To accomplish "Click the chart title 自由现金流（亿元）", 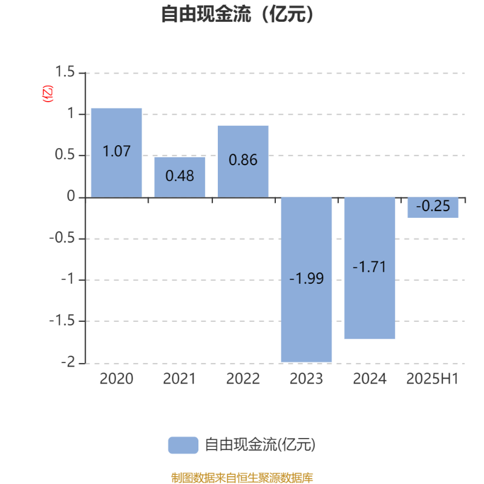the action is tap(237, 14).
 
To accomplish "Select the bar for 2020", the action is tap(116, 153).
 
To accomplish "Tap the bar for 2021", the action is tap(180, 177).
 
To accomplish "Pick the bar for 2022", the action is tap(243, 162).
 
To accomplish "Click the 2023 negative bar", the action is tap(306, 280).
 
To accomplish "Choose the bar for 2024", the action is tap(370, 268).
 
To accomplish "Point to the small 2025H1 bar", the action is tap(433, 208).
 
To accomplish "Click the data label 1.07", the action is tap(116, 151).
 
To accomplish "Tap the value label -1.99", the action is tap(307, 278).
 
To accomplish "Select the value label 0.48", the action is tap(180, 176).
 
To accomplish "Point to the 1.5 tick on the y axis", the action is tap(65, 71).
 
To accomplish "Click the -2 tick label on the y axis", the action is tap(68, 362).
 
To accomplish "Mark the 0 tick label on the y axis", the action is tap(71, 196).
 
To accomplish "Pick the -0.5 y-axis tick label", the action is tap(62, 238).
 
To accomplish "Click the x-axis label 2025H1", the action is tap(433, 379).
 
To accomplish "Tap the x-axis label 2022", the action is tap(243, 379).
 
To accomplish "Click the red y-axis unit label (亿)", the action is tap(48, 94).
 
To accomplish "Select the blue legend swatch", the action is tap(183, 445).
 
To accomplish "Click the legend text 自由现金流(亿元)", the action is tap(260, 445).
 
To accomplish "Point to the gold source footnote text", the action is tap(242, 478).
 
